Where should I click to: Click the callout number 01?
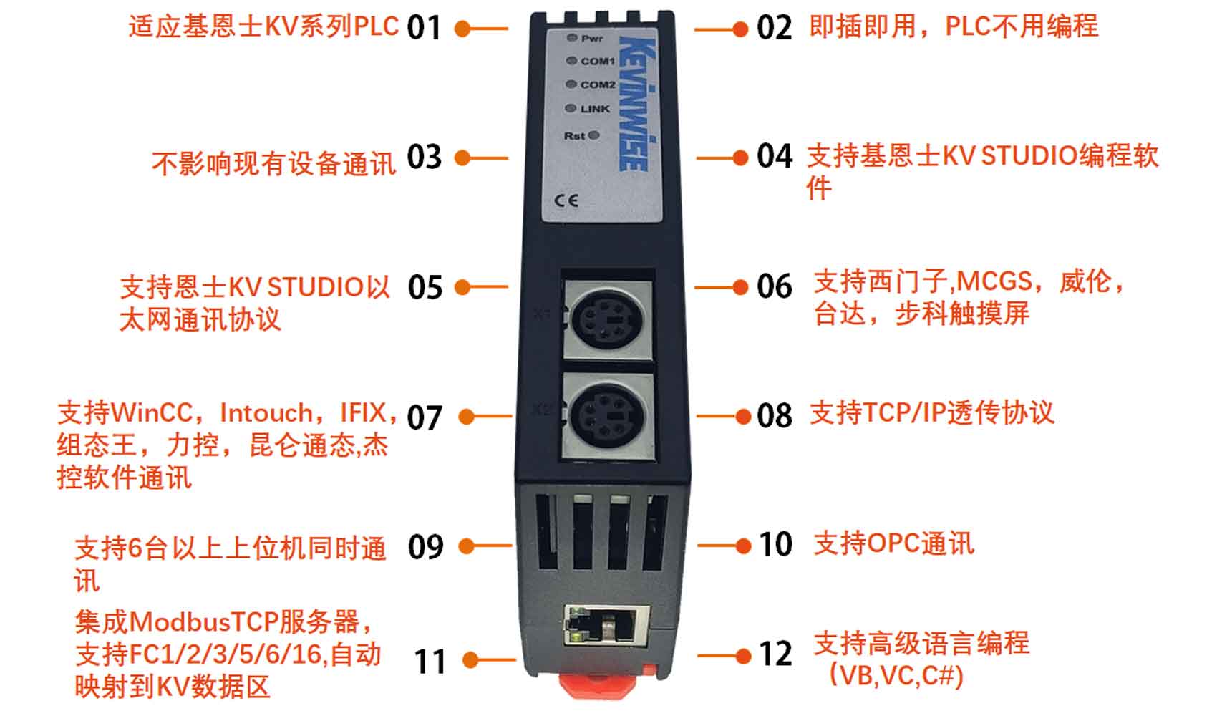[x=424, y=28]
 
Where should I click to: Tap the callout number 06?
[x=775, y=286]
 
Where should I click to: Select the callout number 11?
[x=430, y=662]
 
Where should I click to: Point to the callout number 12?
[x=776, y=654]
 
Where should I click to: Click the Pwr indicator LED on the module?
[x=571, y=37]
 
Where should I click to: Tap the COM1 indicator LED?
[x=571, y=60]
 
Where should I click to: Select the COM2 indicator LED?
[x=571, y=84]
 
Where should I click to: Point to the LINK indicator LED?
[x=570, y=108]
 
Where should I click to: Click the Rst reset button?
[x=594, y=135]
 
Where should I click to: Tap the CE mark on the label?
[x=566, y=201]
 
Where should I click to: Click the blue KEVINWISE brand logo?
[x=638, y=103]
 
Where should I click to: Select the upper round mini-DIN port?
[x=608, y=321]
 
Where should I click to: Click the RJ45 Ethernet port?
[x=607, y=625]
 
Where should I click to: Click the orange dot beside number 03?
[x=462, y=158]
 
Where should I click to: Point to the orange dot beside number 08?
[x=743, y=417]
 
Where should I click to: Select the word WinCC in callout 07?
[x=152, y=413]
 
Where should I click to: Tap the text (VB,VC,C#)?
[x=896, y=676]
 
